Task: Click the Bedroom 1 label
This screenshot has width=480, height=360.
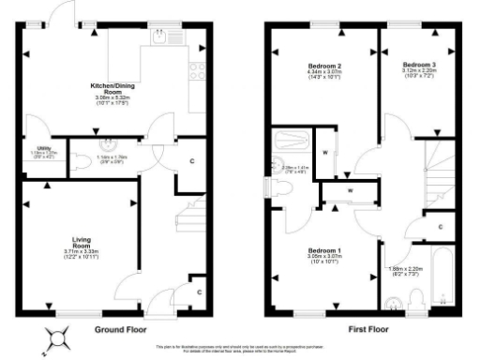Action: (x=325, y=253)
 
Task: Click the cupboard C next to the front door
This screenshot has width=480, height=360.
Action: (x=199, y=292)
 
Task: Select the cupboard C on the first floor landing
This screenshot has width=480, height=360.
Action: (x=440, y=228)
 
